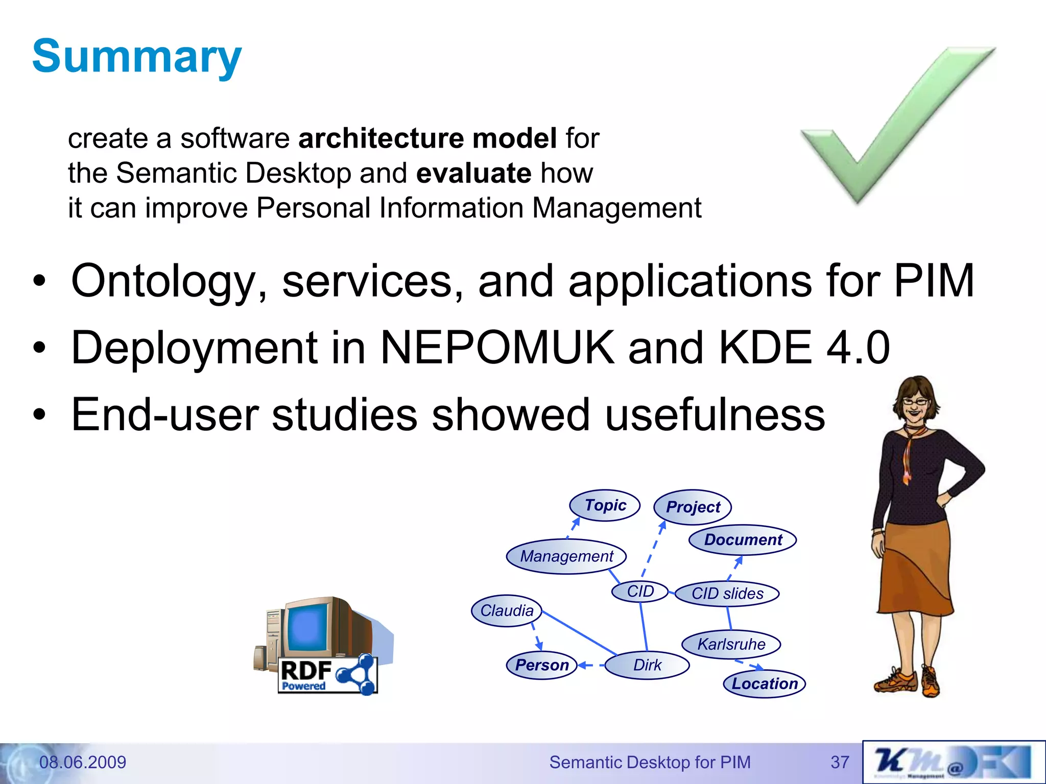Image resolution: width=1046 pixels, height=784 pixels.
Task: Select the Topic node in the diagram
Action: [605, 505]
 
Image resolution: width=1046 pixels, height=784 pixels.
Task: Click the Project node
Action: [693, 507]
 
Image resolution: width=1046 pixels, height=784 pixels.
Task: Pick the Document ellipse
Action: [743, 540]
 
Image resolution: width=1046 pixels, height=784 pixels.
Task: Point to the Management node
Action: [566, 556]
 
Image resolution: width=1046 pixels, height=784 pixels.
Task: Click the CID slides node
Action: [727, 593]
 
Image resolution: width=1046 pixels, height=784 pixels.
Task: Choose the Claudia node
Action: [507, 610]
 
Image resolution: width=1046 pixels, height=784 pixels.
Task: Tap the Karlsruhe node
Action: [731, 644]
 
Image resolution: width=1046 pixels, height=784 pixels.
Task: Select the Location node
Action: [765, 683]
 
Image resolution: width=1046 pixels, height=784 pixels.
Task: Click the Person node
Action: [542, 665]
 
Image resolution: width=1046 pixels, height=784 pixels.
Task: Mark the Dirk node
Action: [647, 665]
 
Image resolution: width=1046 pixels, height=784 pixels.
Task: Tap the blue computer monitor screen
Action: [307, 627]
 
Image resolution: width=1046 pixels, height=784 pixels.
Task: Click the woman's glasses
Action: [914, 402]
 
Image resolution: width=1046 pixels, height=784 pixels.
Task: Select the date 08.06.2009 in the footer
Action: [83, 762]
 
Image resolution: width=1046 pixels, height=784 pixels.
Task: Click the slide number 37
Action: [840, 762]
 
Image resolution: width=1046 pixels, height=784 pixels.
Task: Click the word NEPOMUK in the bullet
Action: [497, 348]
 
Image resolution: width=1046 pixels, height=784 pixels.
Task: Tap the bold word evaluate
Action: [474, 173]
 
